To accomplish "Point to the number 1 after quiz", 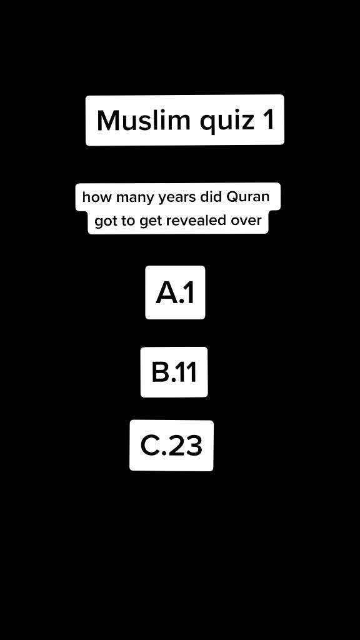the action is [268, 121].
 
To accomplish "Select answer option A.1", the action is [175, 292].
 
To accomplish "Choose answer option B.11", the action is [174, 372].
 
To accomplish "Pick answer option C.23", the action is [171, 446].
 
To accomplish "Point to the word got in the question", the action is [105, 222].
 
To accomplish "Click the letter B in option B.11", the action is [160, 372].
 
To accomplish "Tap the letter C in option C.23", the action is [150, 446].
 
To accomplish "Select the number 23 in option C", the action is [186, 446].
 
